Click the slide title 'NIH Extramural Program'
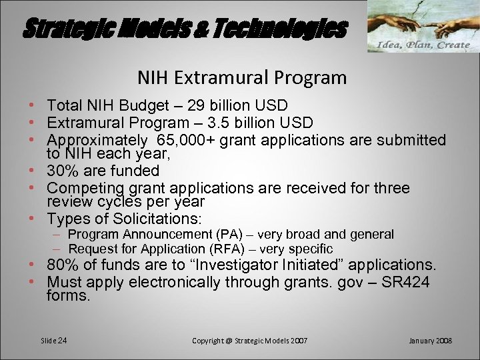pyautogui.click(x=242, y=78)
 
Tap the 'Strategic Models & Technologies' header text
pyautogui.click(x=185, y=29)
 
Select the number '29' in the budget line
pyautogui.click(x=198, y=105)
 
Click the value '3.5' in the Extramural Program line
pyautogui.click(x=231, y=123)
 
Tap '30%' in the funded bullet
pyautogui.click(x=62, y=171)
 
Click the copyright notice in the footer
pyautogui.click(x=249, y=341)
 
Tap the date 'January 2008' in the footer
pyautogui.click(x=429, y=341)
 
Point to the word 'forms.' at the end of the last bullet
pyautogui.click(x=68, y=295)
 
